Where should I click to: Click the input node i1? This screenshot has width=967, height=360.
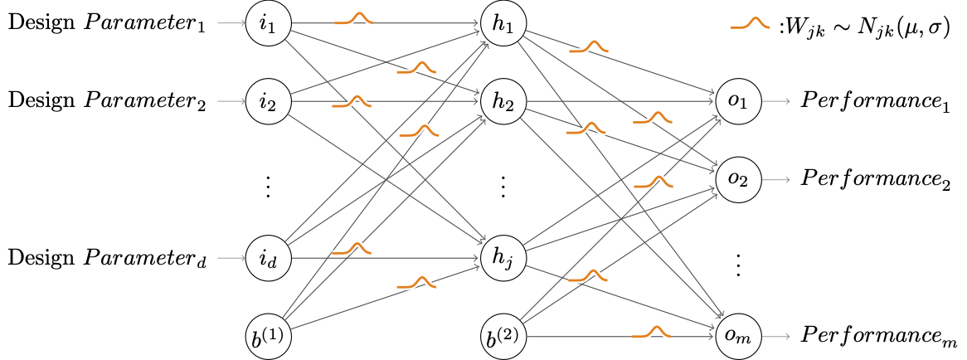tap(267, 24)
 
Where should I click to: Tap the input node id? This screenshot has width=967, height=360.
tap(267, 258)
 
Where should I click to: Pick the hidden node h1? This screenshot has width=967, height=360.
tap(502, 24)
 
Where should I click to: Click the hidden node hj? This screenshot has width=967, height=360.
tap(502, 258)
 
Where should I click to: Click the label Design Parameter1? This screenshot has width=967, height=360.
tap(109, 24)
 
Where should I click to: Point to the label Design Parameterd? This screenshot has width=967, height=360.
tap(109, 258)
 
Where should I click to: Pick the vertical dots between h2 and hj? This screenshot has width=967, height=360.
tap(502, 186)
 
